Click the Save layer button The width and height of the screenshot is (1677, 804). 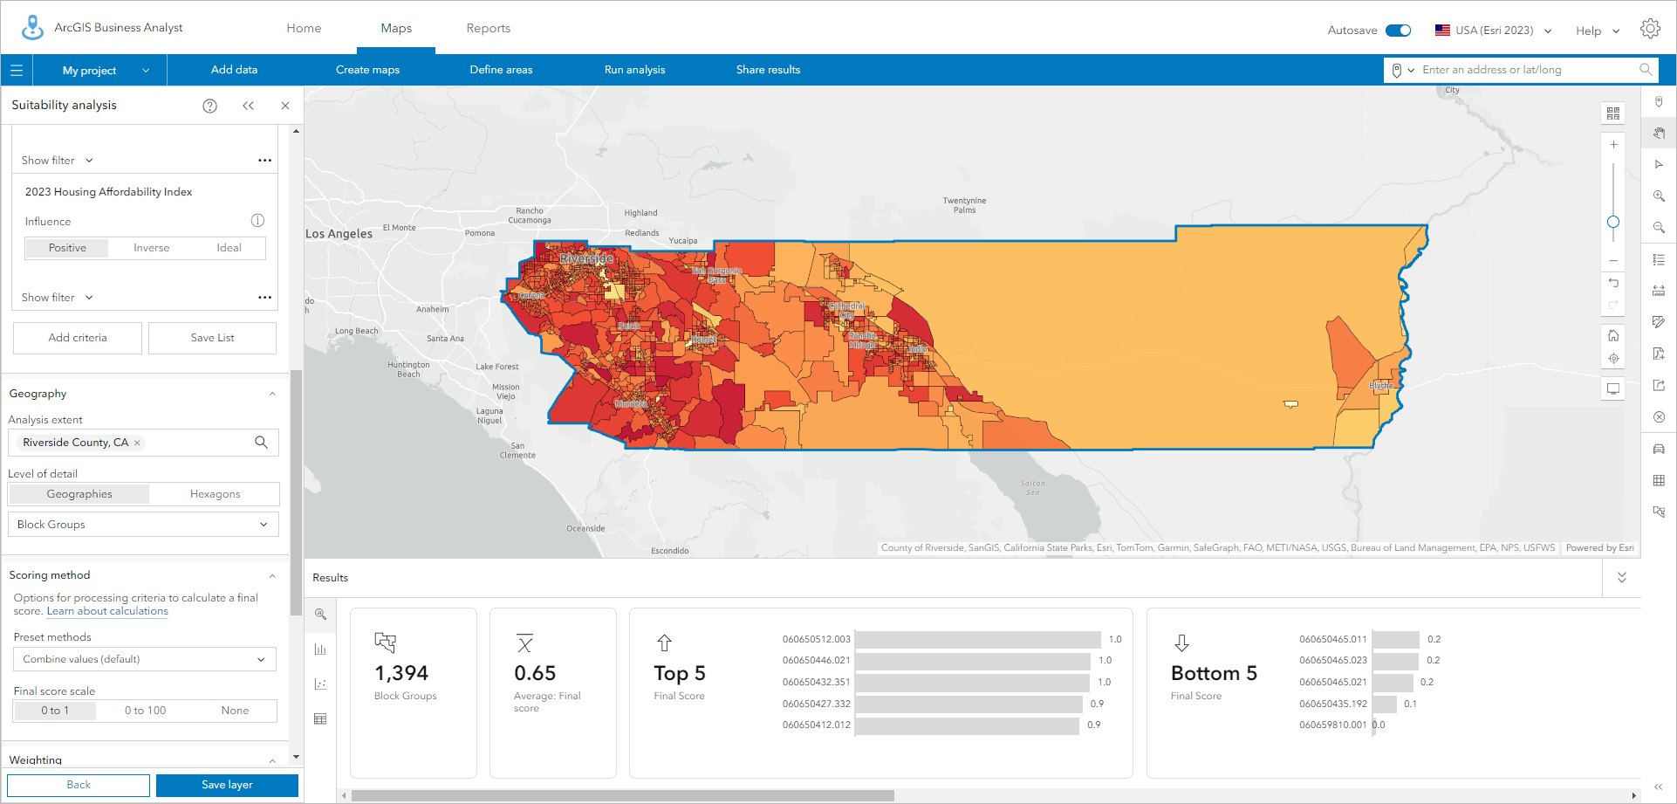[x=227, y=785]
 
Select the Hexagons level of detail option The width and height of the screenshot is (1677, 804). [x=215, y=494]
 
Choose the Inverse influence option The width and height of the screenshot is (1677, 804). [x=151, y=248]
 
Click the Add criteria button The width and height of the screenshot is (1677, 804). [x=78, y=338]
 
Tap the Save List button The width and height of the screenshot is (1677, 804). [x=212, y=338]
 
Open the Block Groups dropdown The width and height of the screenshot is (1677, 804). [x=143, y=525]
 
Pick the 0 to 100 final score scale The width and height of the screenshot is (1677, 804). [x=145, y=711]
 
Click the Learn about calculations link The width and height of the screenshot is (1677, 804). [x=107, y=611]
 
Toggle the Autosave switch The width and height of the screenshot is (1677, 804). [x=1399, y=31]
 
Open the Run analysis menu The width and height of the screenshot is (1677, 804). [x=634, y=70]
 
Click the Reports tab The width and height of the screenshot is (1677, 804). [x=488, y=28]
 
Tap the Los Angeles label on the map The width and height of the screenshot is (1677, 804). [x=339, y=234]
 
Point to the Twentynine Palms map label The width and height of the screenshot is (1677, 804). [x=964, y=205]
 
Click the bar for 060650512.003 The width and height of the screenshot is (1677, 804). [x=977, y=639]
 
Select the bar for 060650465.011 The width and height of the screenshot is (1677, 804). [x=1395, y=639]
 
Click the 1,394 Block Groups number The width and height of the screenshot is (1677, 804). [x=401, y=673]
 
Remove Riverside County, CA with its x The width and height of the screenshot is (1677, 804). [x=137, y=443]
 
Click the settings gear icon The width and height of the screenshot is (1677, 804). [x=1649, y=29]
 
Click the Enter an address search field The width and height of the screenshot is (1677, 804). [x=1527, y=70]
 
